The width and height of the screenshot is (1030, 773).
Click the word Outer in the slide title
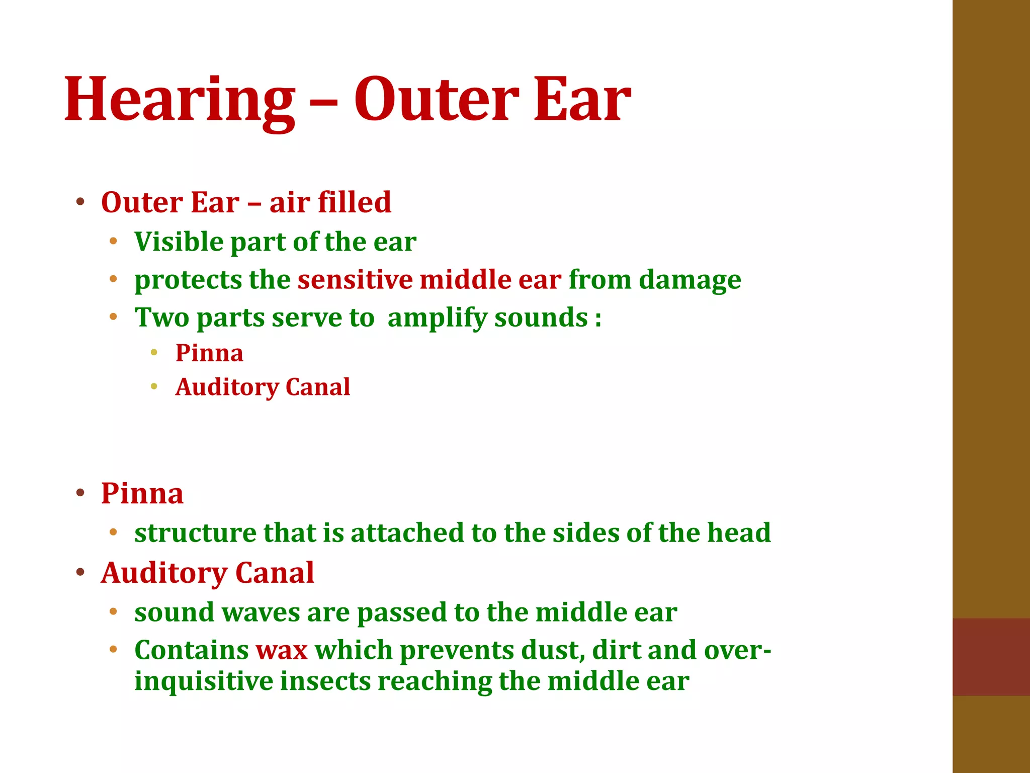[437, 100]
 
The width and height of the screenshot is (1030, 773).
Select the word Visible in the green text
[179, 242]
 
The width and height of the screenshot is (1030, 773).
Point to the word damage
[690, 280]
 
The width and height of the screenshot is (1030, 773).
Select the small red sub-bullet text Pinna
[209, 353]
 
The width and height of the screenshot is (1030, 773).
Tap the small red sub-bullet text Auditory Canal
[263, 387]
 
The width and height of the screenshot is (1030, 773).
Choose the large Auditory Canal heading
[207, 573]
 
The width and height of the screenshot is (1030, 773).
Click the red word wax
[281, 650]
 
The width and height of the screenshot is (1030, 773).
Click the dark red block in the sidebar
[991, 657]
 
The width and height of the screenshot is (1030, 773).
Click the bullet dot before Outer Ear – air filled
[80, 203]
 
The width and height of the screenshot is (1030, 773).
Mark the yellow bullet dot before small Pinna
[154, 353]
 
